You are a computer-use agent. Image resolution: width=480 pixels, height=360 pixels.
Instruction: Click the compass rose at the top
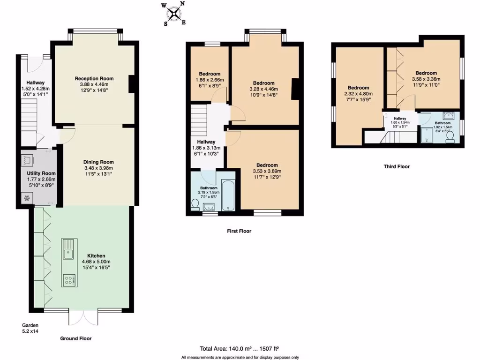point(174,14)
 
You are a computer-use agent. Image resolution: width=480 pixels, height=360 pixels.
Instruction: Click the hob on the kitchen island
point(69,280)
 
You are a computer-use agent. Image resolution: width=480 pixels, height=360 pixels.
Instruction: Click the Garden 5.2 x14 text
point(30,328)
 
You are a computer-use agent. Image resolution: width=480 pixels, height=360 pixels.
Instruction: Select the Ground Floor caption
point(76,338)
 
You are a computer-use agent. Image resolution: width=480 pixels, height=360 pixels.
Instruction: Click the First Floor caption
point(239,231)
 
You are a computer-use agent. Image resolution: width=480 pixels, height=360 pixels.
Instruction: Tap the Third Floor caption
point(397,166)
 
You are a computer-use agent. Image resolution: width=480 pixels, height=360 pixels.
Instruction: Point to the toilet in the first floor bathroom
point(195,205)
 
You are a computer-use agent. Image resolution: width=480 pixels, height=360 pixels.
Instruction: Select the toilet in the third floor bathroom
point(450,136)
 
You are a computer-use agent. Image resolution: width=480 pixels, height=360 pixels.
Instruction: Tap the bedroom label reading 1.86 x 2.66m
point(210,80)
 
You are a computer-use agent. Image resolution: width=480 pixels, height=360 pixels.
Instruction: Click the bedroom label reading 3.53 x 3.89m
point(267,171)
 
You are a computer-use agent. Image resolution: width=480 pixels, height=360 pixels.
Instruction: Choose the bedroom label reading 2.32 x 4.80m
point(358,94)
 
